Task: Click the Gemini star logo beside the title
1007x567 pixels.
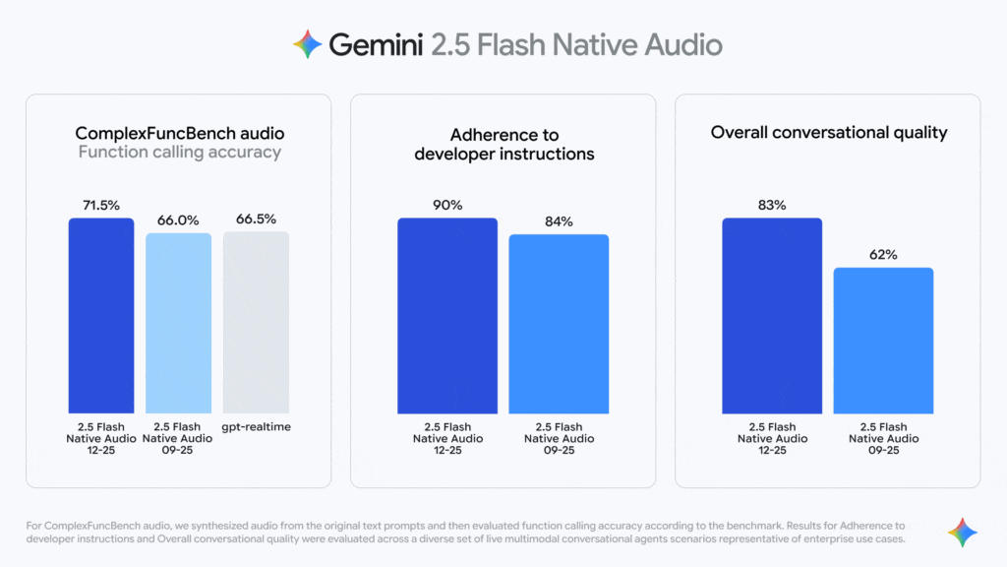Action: pos(308,44)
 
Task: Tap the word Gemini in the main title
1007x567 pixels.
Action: pos(376,44)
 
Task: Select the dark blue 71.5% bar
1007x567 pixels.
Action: pos(100,315)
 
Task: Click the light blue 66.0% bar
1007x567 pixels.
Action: pos(178,323)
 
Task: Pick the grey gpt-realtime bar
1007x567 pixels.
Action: pos(256,323)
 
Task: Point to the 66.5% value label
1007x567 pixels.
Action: pos(256,219)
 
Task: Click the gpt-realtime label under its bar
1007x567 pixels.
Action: pos(256,427)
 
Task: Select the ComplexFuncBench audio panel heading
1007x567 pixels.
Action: pos(179,133)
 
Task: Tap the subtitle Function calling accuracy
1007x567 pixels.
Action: pos(179,153)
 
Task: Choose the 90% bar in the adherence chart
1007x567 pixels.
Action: pos(447,315)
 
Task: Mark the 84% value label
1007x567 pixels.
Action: pos(559,221)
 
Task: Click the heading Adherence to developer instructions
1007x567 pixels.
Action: pos(503,144)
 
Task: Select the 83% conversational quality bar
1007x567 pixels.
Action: pos(772,315)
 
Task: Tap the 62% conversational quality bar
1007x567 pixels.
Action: pos(883,340)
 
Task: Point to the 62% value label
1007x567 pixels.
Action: pos(883,254)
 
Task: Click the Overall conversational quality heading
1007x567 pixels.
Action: pos(828,132)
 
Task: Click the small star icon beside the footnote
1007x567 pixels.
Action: pos(962,533)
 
